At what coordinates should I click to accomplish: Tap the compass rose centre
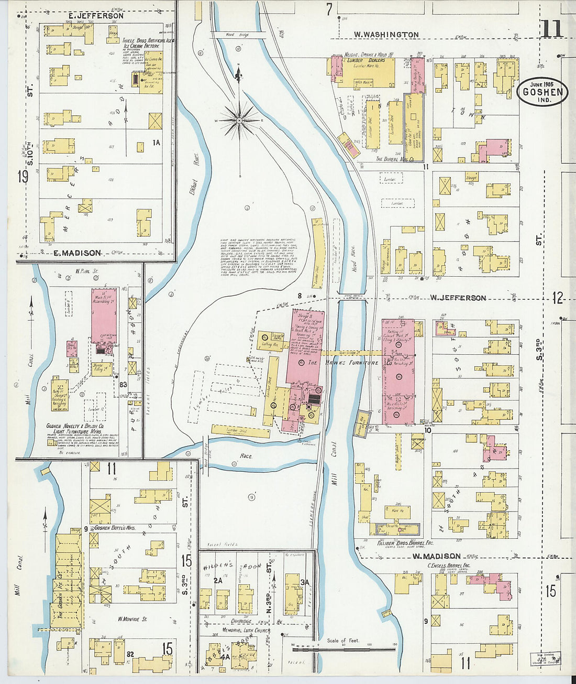pyautogui.click(x=239, y=120)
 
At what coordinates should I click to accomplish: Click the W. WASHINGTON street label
pyautogui.click(x=386, y=35)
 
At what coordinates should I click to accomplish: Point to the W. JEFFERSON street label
pyautogui.click(x=458, y=298)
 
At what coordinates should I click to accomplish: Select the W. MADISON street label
pyautogui.click(x=436, y=556)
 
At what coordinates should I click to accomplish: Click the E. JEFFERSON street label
pyautogui.click(x=96, y=16)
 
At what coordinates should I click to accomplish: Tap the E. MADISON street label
pyautogui.click(x=77, y=253)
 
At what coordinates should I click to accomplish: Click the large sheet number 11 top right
pyautogui.click(x=551, y=29)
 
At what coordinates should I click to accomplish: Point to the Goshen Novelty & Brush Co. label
pyautogui.click(x=79, y=427)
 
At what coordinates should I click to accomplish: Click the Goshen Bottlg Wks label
pyautogui.click(x=113, y=528)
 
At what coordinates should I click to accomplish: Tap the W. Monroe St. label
pyautogui.click(x=132, y=619)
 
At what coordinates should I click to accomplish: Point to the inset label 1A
pyautogui.click(x=156, y=143)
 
